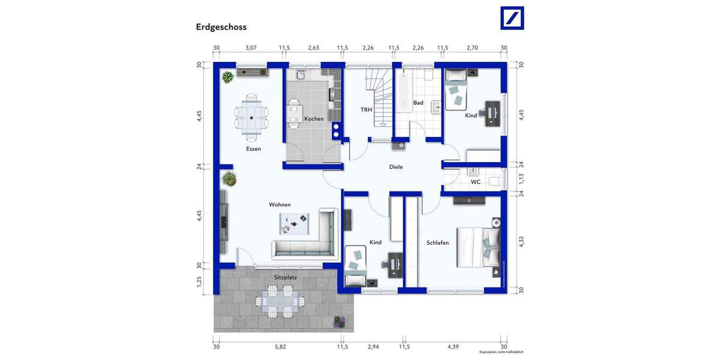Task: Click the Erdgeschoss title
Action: tap(221, 27)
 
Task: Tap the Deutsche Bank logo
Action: tap(512, 18)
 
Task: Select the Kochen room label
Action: tap(314, 119)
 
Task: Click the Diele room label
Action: tap(396, 167)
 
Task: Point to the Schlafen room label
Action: tap(437, 242)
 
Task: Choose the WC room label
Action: tap(475, 181)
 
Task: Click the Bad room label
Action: tap(418, 103)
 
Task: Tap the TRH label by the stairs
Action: tap(366, 110)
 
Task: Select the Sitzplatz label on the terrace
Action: tap(286, 277)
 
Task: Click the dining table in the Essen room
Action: tap(252, 113)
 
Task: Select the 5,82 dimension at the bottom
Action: tap(281, 347)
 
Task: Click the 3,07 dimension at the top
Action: tap(251, 48)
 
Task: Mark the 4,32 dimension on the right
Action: tap(521, 241)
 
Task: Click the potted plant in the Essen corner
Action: tap(227, 77)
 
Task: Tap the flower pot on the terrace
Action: tap(340, 322)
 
